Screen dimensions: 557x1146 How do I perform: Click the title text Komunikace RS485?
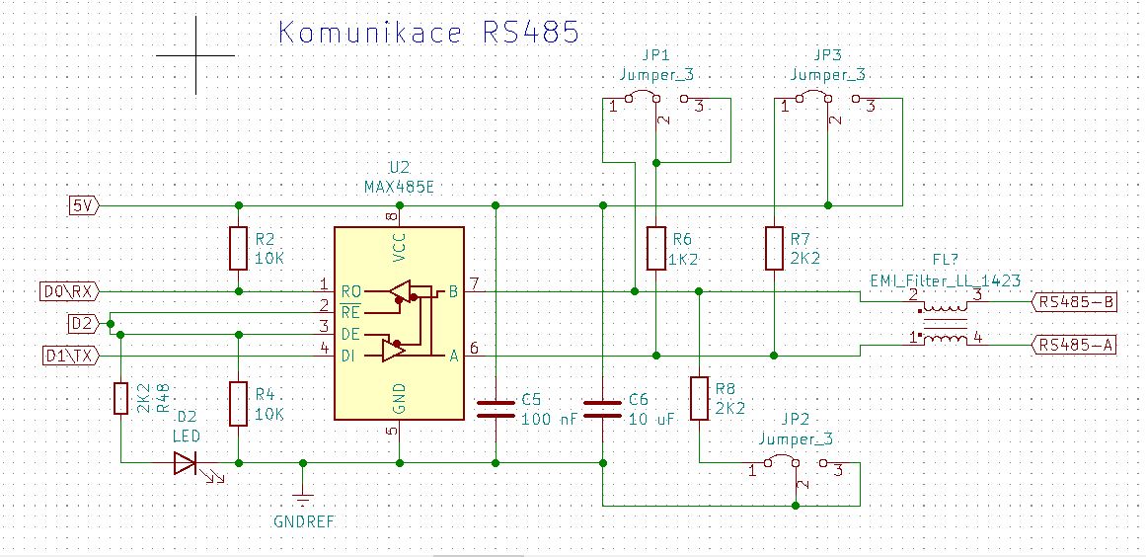427,33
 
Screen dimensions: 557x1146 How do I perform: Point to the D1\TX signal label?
69,355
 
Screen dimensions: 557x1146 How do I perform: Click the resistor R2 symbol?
238,248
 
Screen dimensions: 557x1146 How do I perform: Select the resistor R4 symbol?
238,404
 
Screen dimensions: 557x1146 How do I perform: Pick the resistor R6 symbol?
656,248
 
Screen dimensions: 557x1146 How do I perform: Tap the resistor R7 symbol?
775,248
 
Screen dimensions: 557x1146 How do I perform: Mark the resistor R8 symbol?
699,398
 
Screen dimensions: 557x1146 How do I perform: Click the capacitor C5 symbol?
496,408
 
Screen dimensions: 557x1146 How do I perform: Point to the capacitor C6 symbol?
602,408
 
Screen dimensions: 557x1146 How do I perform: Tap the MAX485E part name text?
398,186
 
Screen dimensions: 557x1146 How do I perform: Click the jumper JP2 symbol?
794,465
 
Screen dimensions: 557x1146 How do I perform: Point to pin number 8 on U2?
392,216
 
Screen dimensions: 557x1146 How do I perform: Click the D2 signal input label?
83,323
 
